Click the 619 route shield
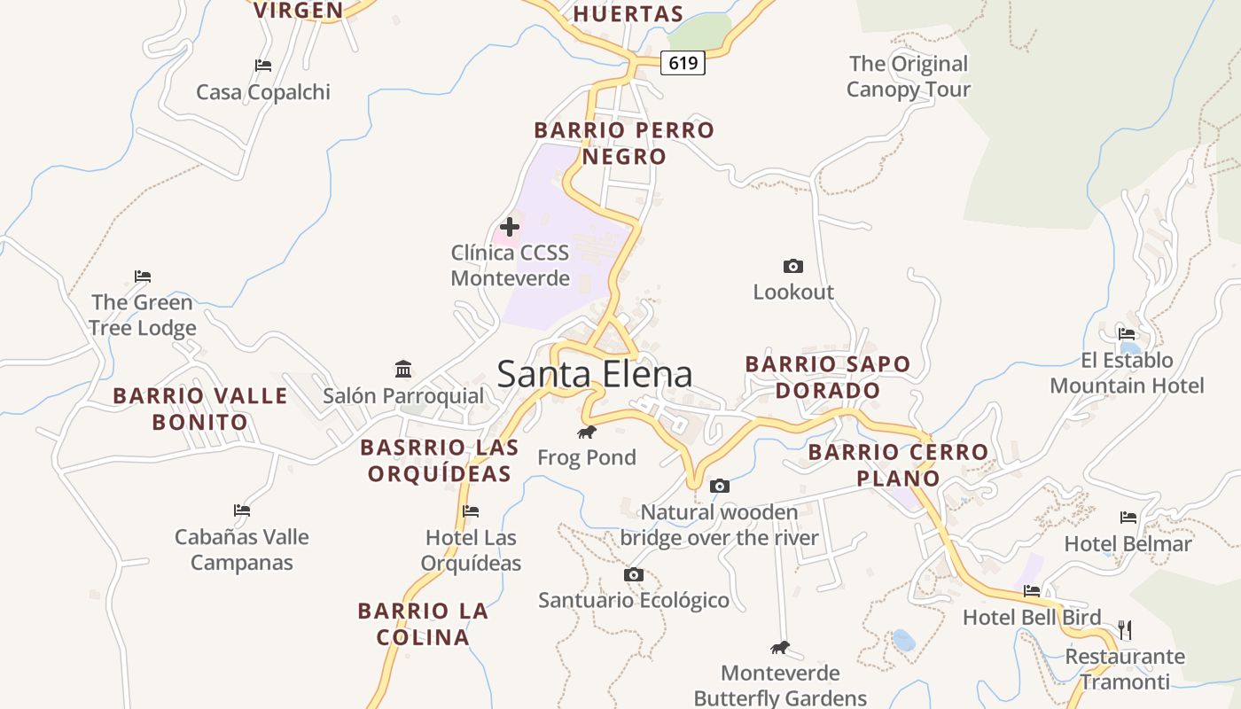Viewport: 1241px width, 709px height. point(683,63)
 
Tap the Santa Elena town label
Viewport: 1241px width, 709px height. point(594,374)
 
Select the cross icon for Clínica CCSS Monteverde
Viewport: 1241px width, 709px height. point(510,226)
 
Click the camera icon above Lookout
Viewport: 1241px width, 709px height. point(793,266)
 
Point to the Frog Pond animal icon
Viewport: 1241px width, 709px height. point(586,432)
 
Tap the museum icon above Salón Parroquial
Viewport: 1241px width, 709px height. point(403,369)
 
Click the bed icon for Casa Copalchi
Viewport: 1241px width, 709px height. point(262,65)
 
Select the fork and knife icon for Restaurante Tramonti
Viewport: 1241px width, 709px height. point(1125,630)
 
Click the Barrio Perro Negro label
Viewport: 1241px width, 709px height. point(624,144)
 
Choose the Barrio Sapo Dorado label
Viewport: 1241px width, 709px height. point(827,377)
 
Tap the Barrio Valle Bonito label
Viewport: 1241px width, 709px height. point(200,409)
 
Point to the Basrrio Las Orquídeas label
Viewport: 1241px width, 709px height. point(440,460)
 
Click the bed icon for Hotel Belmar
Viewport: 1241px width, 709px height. point(1128,517)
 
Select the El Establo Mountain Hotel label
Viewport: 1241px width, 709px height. point(1127,373)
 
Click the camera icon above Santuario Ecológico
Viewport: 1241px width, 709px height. point(633,574)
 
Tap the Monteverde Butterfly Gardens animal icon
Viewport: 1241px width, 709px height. point(780,647)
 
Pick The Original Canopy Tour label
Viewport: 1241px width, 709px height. point(909,76)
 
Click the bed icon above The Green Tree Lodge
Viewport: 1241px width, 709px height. point(143,276)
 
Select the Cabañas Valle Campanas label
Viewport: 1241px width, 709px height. point(241,549)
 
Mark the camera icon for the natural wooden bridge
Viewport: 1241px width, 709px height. point(720,486)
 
